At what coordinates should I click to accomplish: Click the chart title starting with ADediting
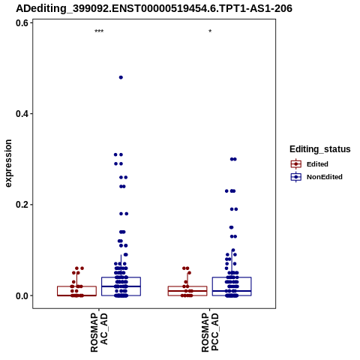pyautogui.click(x=154, y=8)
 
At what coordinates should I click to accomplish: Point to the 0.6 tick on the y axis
pyautogui.click(x=22, y=23)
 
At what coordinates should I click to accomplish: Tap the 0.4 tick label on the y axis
pyautogui.click(x=22, y=114)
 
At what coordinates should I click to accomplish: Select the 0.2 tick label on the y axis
pyautogui.click(x=22, y=205)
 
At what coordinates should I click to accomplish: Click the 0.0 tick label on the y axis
pyautogui.click(x=22, y=295)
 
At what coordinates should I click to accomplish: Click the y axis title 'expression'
pyautogui.click(x=8, y=163)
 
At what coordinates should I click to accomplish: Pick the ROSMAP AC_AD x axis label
pyautogui.click(x=99, y=332)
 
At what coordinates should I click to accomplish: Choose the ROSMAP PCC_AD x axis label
pyautogui.click(x=210, y=332)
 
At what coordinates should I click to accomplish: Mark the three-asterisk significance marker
pyautogui.click(x=99, y=31)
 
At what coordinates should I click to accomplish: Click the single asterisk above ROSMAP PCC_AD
pyautogui.click(x=210, y=31)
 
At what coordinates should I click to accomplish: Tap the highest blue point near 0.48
pyautogui.click(x=121, y=77)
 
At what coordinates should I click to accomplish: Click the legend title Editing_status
pyautogui.click(x=320, y=149)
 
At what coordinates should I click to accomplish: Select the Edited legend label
pyautogui.click(x=317, y=164)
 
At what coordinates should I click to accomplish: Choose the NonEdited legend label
pyautogui.click(x=325, y=177)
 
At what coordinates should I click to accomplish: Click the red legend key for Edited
pyautogui.click(x=296, y=164)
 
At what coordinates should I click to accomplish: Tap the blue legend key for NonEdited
pyautogui.click(x=296, y=177)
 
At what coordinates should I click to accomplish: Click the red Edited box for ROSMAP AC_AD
pyautogui.click(x=76, y=286)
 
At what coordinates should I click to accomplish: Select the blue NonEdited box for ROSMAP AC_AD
pyautogui.click(x=121, y=277)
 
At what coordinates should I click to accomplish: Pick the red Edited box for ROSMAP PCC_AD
pyautogui.click(x=187, y=286)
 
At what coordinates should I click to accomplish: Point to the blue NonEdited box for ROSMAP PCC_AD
pyautogui.click(x=232, y=277)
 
